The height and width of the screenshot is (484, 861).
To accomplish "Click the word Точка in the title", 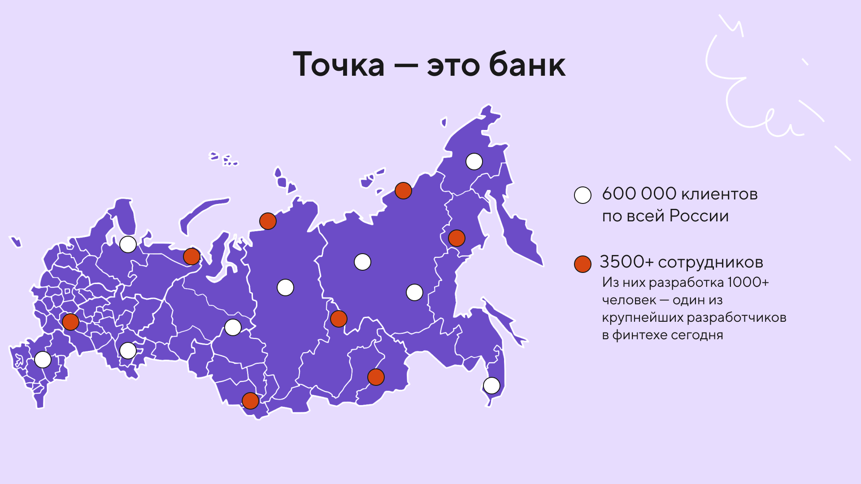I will (x=339, y=65).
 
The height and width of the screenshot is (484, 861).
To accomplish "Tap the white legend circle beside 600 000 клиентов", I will (x=583, y=195).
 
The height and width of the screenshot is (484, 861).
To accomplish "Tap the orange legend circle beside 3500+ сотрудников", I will (x=583, y=264).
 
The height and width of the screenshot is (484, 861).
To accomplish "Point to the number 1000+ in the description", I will (x=748, y=282).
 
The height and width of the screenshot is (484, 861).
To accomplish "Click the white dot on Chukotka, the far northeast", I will (x=474, y=161).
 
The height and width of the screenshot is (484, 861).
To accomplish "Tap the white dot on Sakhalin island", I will (x=491, y=385).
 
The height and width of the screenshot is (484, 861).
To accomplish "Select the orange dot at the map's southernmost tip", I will (x=250, y=401).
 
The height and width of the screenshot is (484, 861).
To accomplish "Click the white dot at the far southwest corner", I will (x=43, y=359).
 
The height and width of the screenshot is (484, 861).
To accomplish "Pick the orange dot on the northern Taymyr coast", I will (x=268, y=221).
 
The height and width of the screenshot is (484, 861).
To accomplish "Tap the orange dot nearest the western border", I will (x=70, y=322).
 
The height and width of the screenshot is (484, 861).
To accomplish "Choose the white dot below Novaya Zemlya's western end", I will (x=128, y=244).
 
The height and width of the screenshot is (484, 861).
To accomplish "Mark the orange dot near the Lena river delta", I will (x=403, y=191).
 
